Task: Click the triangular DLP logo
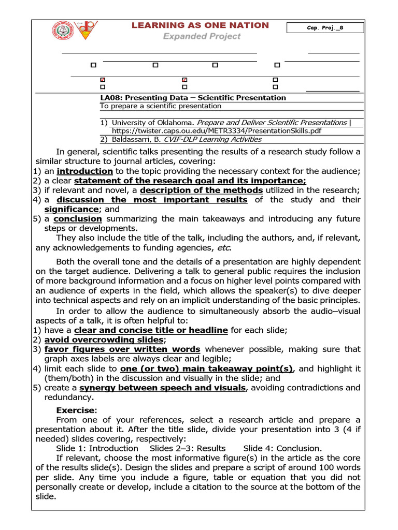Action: (86, 31)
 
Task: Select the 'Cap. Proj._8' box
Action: (325, 28)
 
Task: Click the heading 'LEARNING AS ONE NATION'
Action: (201, 25)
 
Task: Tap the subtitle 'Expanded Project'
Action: (202, 36)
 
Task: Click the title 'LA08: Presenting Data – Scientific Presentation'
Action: (193, 97)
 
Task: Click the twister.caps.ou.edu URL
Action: (217, 130)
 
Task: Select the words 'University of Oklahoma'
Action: (153, 123)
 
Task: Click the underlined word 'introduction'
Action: (85, 171)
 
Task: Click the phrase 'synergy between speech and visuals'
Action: (162, 388)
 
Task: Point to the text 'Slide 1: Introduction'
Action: (97, 448)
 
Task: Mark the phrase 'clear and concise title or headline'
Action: (151, 330)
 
